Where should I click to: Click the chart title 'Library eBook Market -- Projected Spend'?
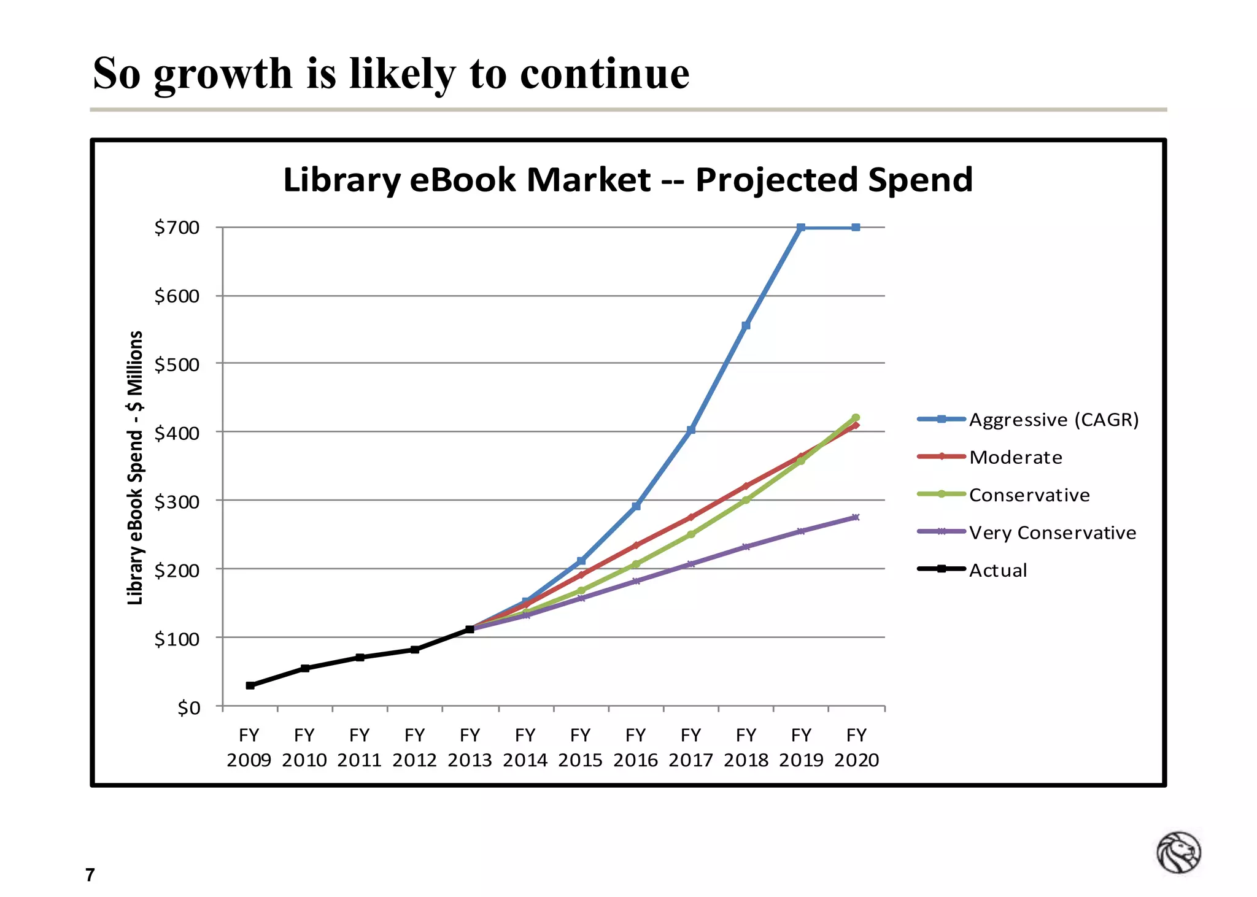click(627, 180)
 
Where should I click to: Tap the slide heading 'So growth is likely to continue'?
click(391, 74)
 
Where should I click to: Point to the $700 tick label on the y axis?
click(177, 228)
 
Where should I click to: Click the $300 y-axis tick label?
click(177, 502)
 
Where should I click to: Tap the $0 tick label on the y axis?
click(188, 708)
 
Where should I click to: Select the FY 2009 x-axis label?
click(249, 747)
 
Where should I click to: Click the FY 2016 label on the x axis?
click(636, 747)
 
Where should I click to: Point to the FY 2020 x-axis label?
click(856, 747)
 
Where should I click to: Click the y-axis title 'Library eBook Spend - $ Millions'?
click(136, 468)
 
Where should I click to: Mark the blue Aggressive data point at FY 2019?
click(801, 228)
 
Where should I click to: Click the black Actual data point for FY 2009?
click(250, 685)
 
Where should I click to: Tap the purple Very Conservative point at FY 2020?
click(856, 517)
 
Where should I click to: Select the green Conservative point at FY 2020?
click(856, 418)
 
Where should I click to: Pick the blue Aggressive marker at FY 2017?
click(691, 430)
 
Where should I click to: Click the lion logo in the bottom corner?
click(1178, 852)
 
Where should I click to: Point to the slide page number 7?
click(90, 875)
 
